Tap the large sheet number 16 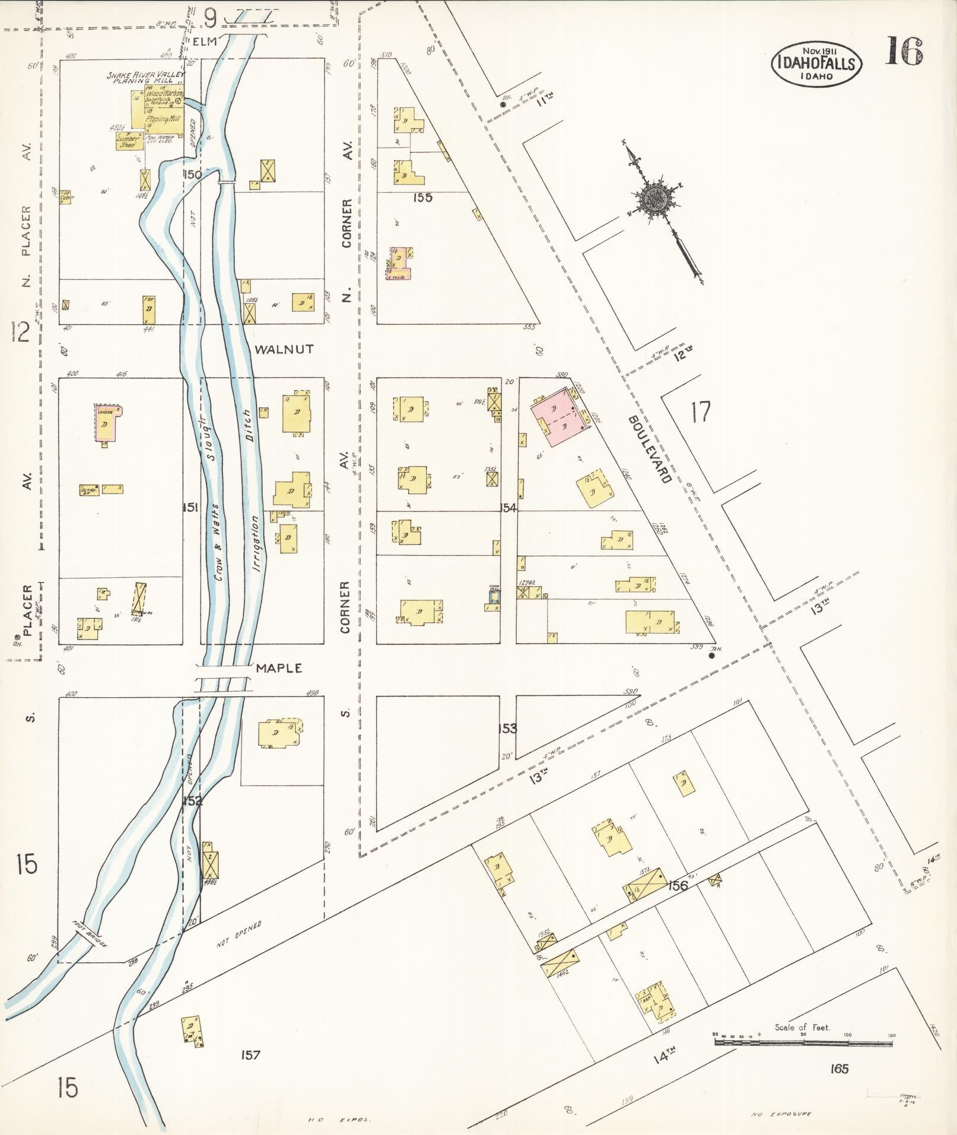[904, 51]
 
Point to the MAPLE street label [279, 669]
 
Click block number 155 [424, 198]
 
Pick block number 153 [508, 729]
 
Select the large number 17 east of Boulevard [701, 411]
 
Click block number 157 [251, 1055]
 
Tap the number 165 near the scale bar [840, 1069]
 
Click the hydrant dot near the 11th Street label [503, 105]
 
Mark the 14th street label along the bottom [665, 1055]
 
